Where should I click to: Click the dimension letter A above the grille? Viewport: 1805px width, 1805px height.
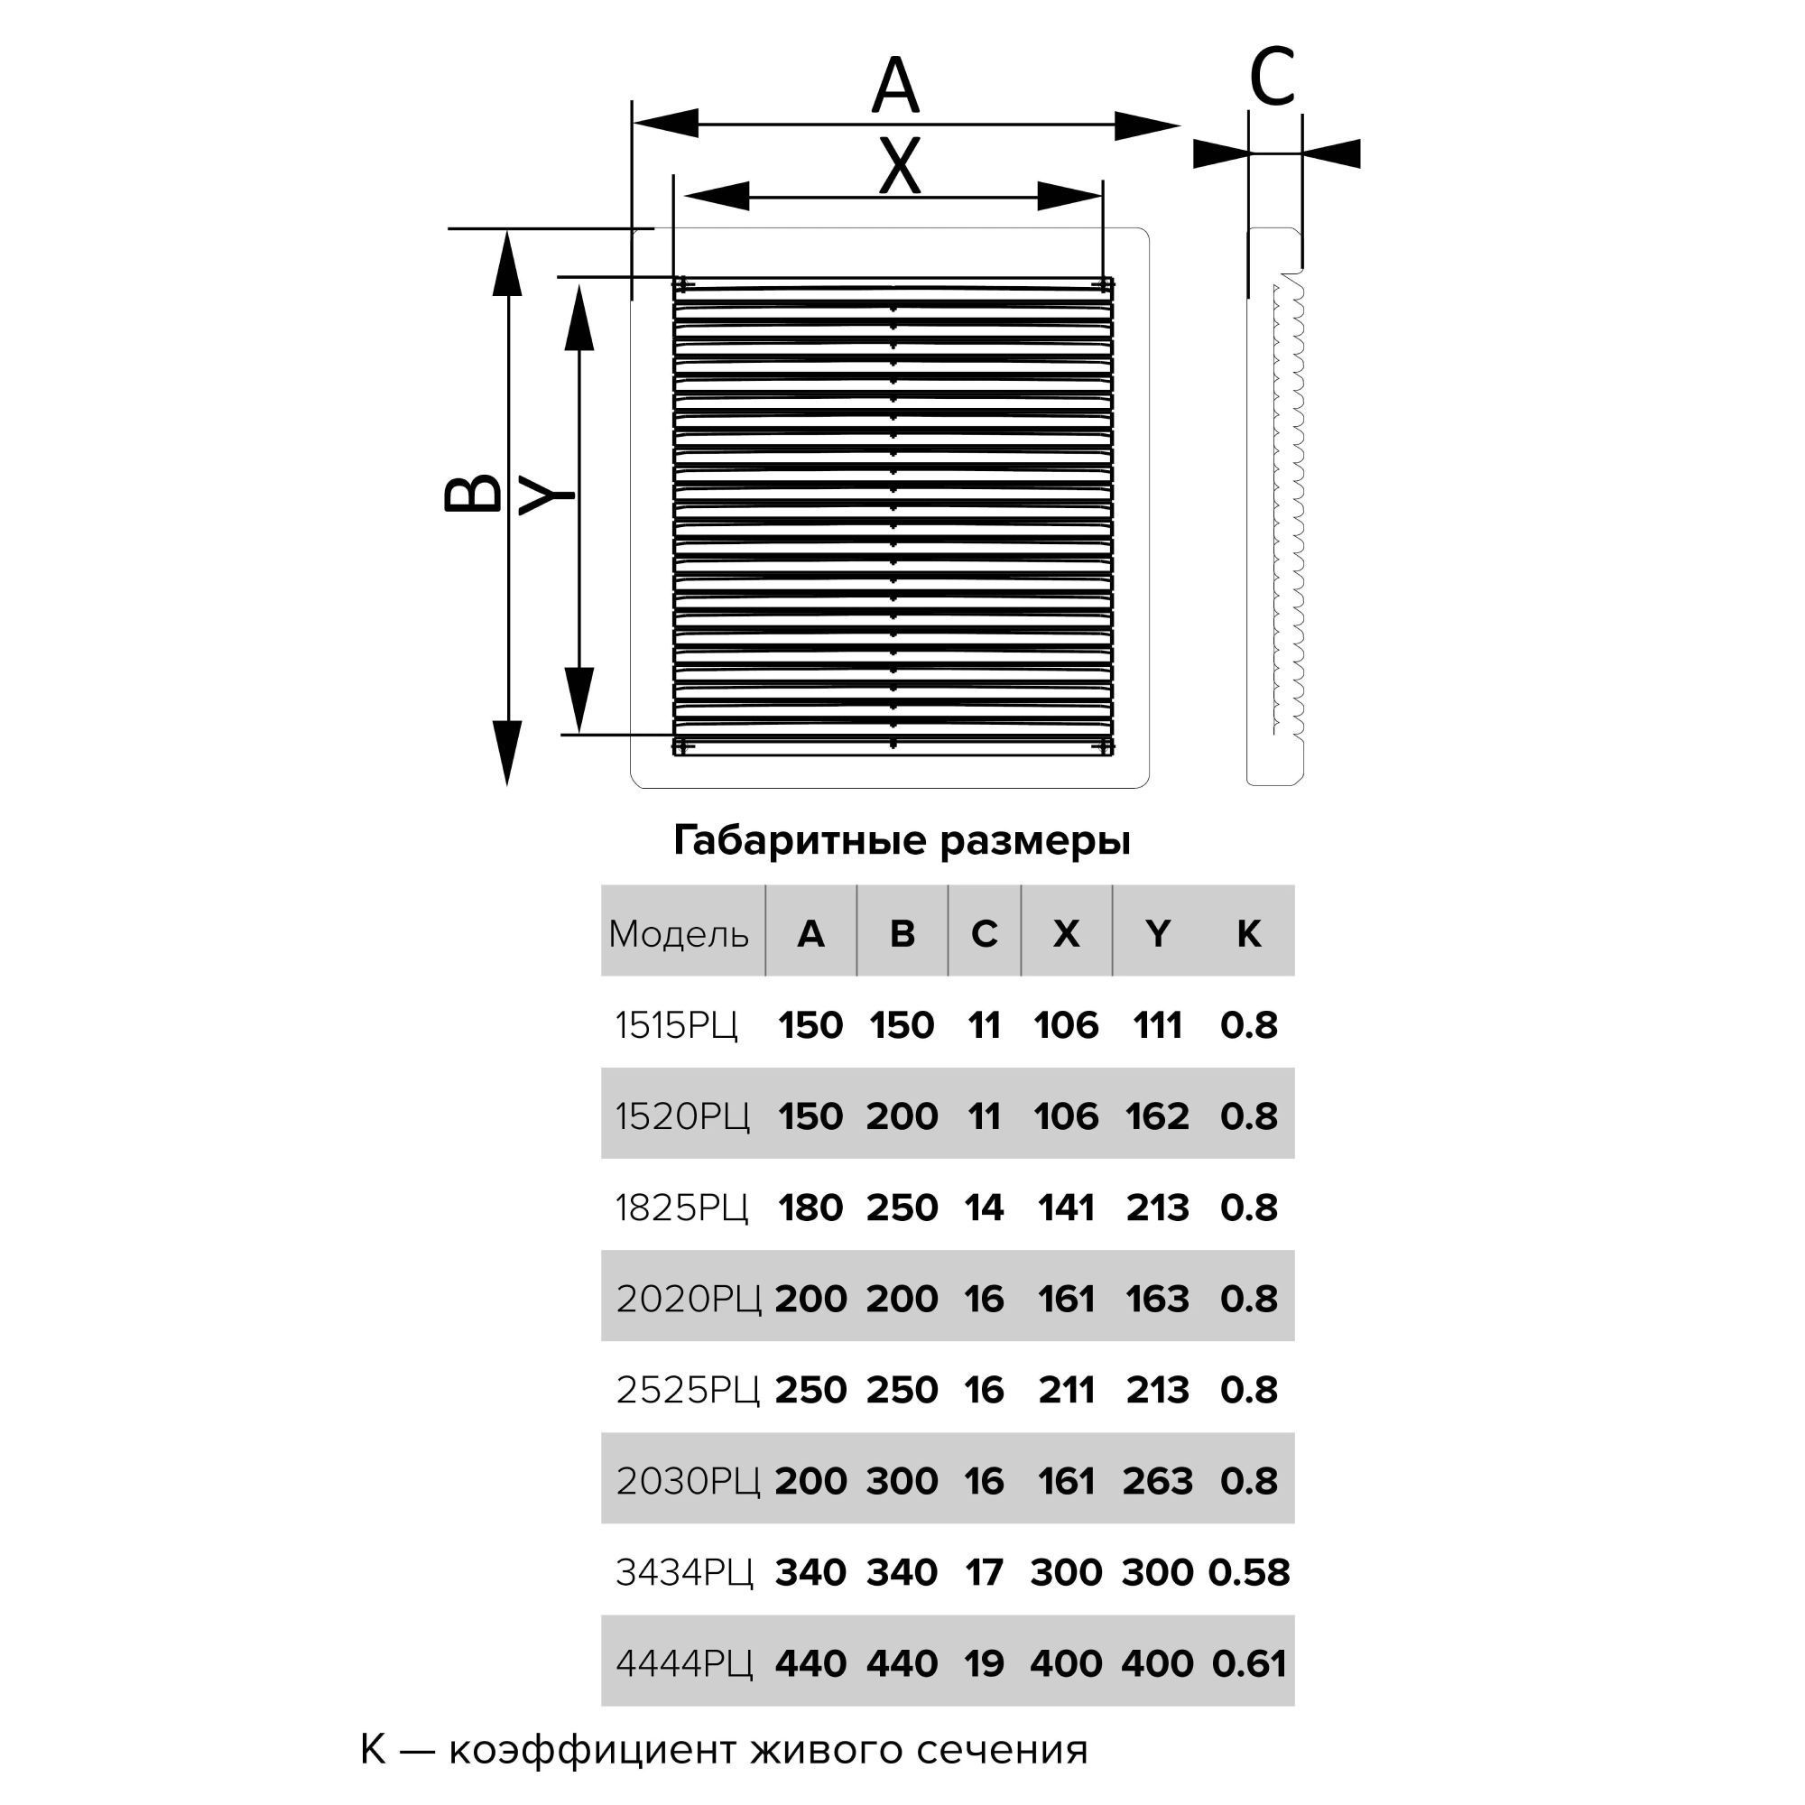click(x=895, y=86)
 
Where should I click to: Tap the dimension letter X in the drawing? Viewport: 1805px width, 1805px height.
click(x=900, y=166)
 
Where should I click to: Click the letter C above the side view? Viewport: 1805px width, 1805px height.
click(x=1272, y=77)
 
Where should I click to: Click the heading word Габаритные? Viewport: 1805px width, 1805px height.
click(x=801, y=841)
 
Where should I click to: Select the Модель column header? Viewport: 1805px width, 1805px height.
click(x=679, y=934)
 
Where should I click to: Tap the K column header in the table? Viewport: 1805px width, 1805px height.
click(x=1248, y=934)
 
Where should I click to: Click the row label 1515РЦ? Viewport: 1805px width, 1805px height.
click(x=676, y=1026)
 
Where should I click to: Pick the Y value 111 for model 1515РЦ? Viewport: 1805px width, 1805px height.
click(x=1158, y=1026)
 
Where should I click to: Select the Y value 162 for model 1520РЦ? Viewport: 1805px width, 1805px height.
click(x=1158, y=1116)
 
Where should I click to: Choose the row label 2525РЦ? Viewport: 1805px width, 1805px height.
click(x=688, y=1390)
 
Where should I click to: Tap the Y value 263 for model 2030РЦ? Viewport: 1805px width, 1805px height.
click(x=1158, y=1482)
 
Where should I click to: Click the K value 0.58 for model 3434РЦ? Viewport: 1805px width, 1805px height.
click(x=1248, y=1572)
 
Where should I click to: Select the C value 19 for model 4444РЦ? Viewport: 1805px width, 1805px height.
click(x=984, y=1664)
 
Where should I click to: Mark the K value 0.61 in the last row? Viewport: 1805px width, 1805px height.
click(x=1248, y=1664)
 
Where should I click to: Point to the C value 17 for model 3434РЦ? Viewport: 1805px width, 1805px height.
click(x=984, y=1572)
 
